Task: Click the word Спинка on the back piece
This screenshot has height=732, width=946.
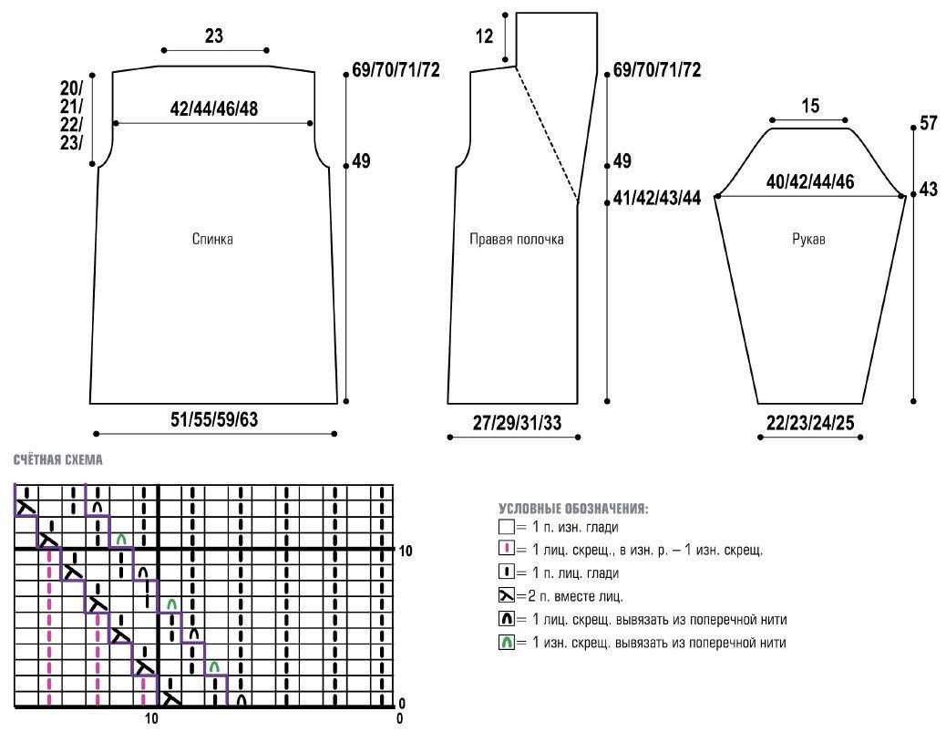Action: coord(212,240)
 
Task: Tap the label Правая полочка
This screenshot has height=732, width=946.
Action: coord(517,240)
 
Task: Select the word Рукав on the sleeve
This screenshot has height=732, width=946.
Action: coord(809,240)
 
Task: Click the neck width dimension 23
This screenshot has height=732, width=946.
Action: coord(214,36)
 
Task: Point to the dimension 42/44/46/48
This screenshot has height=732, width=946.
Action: coord(213,108)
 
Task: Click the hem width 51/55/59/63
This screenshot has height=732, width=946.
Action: coord(214,419)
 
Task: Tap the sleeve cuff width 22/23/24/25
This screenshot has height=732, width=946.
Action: coord(811,423)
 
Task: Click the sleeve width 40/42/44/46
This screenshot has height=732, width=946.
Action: coord(810,181)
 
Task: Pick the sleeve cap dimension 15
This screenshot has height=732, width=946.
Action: coord(810,106)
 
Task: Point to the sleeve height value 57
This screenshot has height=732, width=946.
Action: coord(929,124)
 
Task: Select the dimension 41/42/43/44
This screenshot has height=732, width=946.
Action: coord(657,199)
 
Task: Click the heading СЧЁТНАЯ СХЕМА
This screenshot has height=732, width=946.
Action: coord(58,460)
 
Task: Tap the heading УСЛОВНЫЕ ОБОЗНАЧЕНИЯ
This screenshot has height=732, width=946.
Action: coord(573,508)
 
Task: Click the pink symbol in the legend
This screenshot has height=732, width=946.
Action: coord(507,550)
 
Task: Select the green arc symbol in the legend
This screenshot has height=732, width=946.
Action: coord(507,643)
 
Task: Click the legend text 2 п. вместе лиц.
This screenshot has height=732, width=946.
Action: coord(570,596)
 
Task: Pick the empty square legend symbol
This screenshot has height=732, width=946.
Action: coord(507,527)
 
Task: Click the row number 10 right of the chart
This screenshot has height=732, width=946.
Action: coord(406,551)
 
